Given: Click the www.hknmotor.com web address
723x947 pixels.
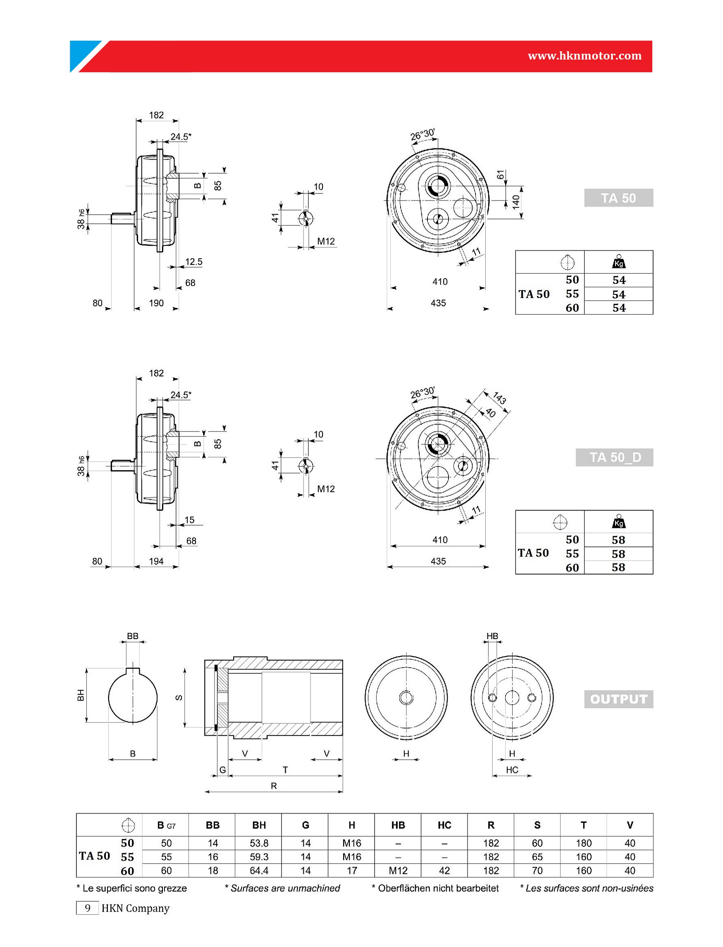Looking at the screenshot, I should point(585,56).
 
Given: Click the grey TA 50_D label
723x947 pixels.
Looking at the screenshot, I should point(615,457).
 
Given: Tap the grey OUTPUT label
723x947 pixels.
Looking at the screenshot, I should point(618,699).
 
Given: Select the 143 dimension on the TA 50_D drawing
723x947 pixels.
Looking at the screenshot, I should point(499,398).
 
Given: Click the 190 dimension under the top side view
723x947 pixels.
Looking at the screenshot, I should point(156,303).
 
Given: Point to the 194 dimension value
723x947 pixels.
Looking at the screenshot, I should point(156,561).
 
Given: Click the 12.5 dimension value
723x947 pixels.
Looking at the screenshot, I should point(193,262).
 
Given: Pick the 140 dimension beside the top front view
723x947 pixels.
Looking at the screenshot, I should point(516,201).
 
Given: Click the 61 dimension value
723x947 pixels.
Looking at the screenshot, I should point(501,175).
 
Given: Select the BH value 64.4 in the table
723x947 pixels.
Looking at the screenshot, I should point(259,871).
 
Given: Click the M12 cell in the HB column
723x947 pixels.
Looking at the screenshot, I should point(398,871).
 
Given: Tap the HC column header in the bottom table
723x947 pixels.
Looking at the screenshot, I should point(444,825).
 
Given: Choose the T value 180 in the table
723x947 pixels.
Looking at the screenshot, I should point(584,843).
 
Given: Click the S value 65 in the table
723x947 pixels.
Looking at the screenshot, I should point(537,857).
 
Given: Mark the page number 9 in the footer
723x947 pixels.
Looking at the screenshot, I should point(87,908).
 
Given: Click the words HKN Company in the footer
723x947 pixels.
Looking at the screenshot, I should point(136,908).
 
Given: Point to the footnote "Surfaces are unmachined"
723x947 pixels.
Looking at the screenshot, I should point(285,888).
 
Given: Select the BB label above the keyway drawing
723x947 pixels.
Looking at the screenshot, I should point(133,636).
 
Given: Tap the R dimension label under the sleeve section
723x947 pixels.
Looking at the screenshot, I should point(274,786).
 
